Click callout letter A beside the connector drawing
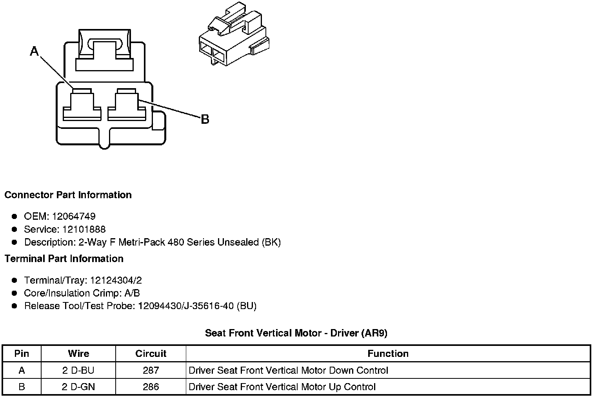[35, 51]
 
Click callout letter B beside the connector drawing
[205, 119]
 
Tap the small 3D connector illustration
[234, 35]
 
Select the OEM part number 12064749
[74, 216]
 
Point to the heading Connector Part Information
[68, 195]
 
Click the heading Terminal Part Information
[64, 259]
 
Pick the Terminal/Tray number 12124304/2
[116, 280]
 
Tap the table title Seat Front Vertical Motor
[296, 333]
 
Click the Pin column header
[22, 354]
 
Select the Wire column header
[78, 354]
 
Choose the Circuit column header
[151, 354]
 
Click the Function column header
[388, 354]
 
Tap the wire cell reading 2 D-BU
[78, 371]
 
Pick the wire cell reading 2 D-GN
[78, 387]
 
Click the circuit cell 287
[151, 371]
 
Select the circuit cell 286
[151, 387]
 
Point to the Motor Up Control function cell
[282, 387]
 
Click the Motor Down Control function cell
[288, 371]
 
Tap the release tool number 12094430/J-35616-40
[185, 306]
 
